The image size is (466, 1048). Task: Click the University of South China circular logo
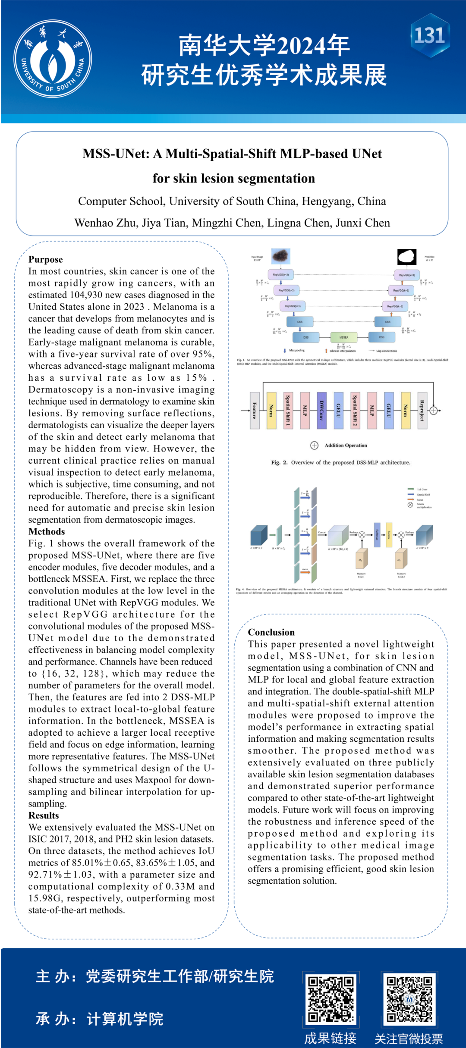(53, 59)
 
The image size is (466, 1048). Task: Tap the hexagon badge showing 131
(430, 35)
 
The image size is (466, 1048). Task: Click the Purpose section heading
(46, 259)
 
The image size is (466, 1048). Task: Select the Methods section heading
(47, 531)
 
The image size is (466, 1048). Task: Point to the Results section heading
(44, 815)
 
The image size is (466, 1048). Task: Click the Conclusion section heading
(271, 632)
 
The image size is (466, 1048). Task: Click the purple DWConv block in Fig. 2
(321, 410)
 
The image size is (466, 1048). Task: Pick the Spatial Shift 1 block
(288, 410)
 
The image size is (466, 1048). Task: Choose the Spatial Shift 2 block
(355, 410)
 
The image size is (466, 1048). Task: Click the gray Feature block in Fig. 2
(255, 410)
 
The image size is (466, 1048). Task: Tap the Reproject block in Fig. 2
(422, 410)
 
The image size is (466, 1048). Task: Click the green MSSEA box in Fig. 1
(343, 337)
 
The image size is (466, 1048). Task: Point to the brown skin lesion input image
(281, 256)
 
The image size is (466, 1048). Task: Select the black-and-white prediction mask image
(406, 257)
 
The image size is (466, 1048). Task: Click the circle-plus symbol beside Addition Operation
(314, 445)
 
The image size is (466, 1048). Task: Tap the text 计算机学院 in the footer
(125, 1019)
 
